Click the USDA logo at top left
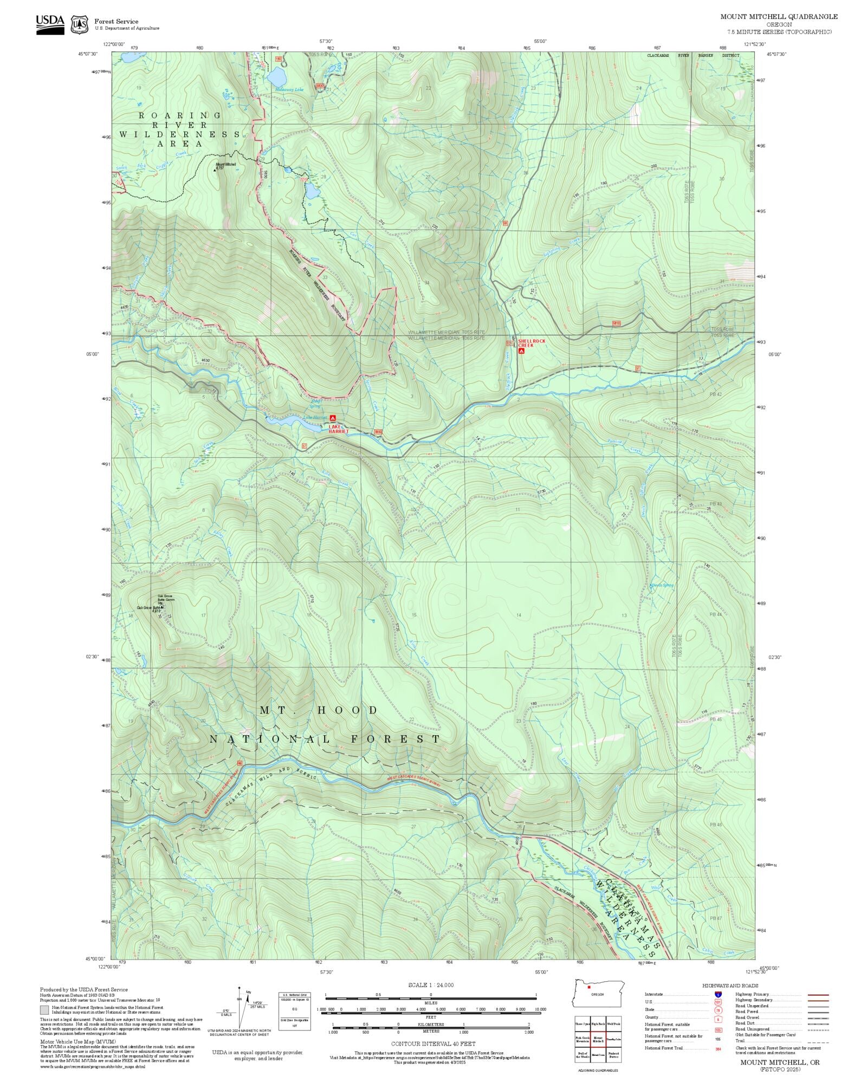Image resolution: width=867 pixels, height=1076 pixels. [50, 24]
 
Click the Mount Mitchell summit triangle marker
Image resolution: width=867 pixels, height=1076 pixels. [215, 169]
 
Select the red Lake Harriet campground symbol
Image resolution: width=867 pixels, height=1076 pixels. [333, 418]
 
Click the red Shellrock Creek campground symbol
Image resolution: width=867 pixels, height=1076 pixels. [521, 351]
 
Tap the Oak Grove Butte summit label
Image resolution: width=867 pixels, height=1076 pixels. [150, 608]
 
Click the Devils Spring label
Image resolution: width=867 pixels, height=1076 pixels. [662, 585]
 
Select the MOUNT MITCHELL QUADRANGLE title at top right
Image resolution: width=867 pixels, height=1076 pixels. [779, 17]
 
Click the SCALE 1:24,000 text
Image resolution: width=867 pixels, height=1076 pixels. [431, 985]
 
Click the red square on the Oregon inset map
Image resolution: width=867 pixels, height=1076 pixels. [588, 987]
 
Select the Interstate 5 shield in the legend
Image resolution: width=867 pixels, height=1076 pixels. [718, 995]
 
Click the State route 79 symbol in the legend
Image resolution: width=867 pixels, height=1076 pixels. [718, 1010]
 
